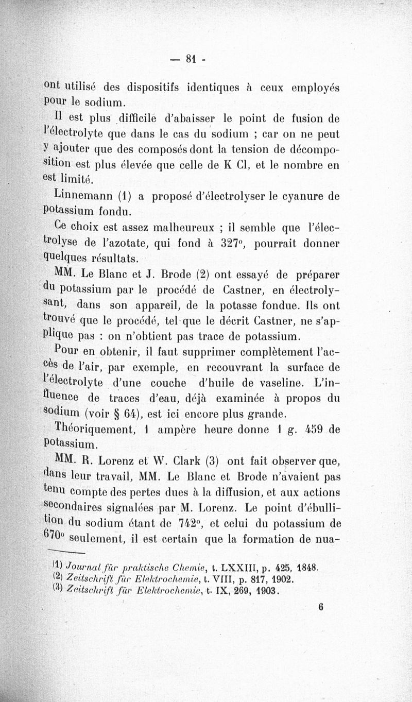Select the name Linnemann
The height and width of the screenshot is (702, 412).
tap(79, 196)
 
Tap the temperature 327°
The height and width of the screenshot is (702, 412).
tap(235, 243)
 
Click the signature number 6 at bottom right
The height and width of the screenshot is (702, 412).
tap(320, 607)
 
